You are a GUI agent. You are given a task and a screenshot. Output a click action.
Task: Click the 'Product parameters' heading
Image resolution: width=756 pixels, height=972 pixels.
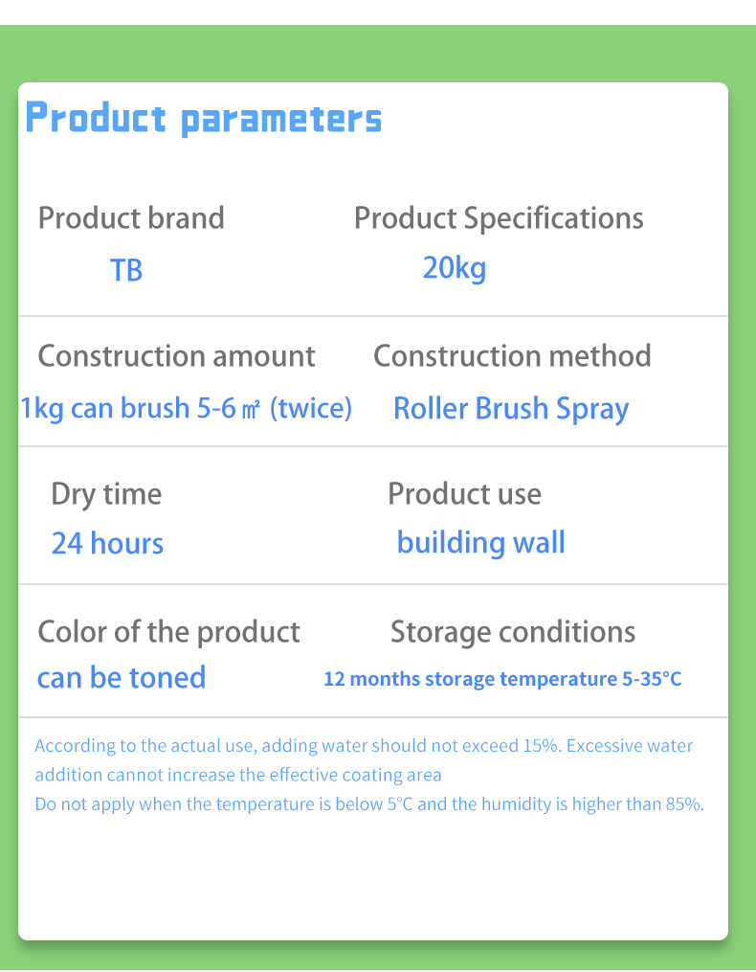coord(203,119)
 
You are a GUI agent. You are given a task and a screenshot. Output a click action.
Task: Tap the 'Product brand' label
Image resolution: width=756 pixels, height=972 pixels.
coord(131,218)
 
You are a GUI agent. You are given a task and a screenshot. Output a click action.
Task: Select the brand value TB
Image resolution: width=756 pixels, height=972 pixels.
coord(126,270)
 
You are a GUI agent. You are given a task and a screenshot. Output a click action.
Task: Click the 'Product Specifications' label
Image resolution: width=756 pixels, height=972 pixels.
coord(499,218)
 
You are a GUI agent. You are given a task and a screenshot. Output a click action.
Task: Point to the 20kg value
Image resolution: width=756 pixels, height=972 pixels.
coord(455,267)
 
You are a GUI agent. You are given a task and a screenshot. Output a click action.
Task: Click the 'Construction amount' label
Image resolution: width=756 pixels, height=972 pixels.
coord(176,356)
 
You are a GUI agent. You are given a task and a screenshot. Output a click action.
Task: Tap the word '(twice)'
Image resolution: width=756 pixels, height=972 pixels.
coord(311,409)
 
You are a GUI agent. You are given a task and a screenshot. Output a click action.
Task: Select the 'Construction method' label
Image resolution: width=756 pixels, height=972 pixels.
coord(512,356)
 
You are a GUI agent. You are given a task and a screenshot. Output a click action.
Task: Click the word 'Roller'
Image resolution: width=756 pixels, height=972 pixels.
coord(431,409)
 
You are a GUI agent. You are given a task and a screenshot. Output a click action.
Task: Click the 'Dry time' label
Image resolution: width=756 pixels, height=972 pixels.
coord(106,494)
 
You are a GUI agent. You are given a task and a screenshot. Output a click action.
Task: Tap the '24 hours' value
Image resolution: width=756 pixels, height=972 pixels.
coord(107,544)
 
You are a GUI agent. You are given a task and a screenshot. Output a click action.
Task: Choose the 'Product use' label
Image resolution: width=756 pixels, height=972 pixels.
coord(464,494)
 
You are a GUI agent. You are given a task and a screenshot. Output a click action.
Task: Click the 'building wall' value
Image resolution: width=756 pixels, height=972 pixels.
coord(480,543)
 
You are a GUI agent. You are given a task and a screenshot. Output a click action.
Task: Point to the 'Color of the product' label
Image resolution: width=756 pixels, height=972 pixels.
coord(168,632)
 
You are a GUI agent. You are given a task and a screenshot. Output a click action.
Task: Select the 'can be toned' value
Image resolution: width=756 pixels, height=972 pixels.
coord(122,678)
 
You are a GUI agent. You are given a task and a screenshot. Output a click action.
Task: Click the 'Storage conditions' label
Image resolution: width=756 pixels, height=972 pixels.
coord(513,632)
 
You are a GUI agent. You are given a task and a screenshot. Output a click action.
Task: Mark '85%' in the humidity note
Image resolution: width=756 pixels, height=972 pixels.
coord(683,804)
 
